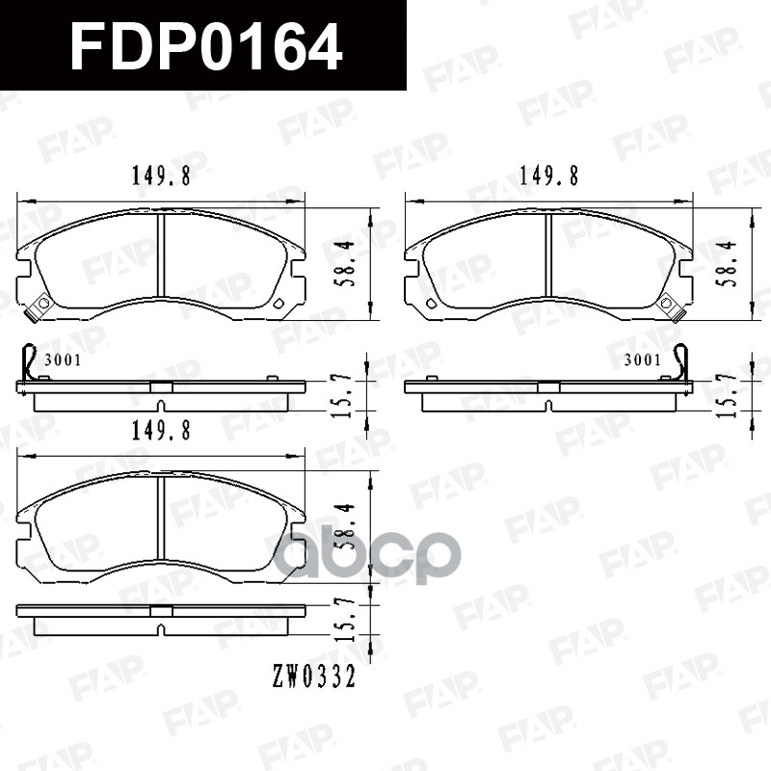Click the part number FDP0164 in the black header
point(206,45)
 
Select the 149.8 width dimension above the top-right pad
point(548,176)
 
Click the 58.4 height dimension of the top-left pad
point(351,264)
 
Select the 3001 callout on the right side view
point(642,360)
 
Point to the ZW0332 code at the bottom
point(314,678)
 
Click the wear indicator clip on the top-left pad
point(40,306)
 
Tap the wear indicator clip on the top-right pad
point(670,306)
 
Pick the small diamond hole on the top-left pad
point(279,305)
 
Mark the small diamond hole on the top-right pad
point(431,305)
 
